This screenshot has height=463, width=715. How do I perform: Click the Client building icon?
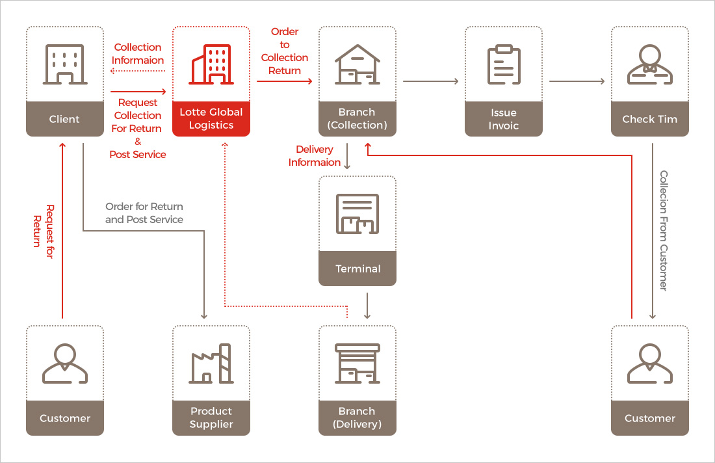(x=64, y=64)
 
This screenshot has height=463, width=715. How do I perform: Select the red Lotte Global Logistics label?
(x=211, y=118)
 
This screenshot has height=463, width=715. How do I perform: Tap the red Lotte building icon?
(x=211, y=64)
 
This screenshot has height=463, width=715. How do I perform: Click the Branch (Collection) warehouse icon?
(x=357, y=64)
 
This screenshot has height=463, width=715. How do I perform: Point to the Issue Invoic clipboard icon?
(x=504, y=64)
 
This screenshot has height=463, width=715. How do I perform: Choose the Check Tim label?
(x=650, y=119)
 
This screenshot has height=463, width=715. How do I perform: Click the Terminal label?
(x=357, y=269)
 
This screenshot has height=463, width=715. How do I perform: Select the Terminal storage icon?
(x=357, y=214)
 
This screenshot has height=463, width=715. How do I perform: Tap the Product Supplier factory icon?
(x=211, y=364)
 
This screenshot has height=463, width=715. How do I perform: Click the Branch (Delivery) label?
(x=357, y=417)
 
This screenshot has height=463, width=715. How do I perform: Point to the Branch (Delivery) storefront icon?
(x=357, y=364)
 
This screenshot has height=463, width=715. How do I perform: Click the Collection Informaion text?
(x=138, y=54)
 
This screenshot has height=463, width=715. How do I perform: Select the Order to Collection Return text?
(x=285, y=51)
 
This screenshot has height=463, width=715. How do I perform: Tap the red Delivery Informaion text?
(x=315, y=156)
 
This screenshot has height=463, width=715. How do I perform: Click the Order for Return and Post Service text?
(x=144, y=213)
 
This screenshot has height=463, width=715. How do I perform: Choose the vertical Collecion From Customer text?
(x=664, y=230)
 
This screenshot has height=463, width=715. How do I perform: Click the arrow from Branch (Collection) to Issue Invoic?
(x=430, y=81)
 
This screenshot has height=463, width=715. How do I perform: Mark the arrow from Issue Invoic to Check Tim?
(x=577, y=81)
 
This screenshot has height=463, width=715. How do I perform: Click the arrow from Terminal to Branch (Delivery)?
(x=368, y=305)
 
